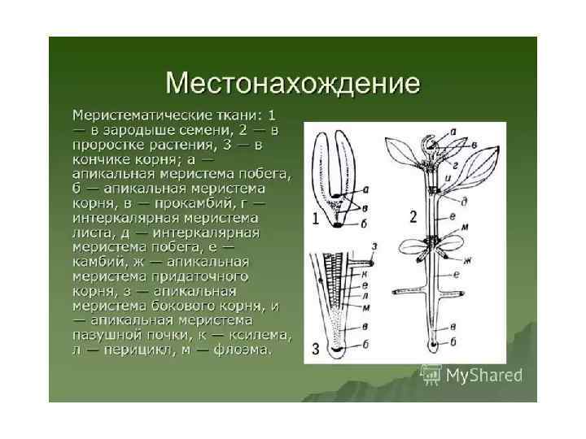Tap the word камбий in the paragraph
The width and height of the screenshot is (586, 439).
(99, 262)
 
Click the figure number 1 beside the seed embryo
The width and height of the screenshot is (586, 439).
(316, 218)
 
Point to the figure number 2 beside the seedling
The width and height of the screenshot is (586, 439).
(413, 217)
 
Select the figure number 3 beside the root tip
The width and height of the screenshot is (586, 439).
(316, 351)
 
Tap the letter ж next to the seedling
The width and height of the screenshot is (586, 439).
(470, 261)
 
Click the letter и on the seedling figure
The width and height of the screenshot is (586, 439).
(448, 173)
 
